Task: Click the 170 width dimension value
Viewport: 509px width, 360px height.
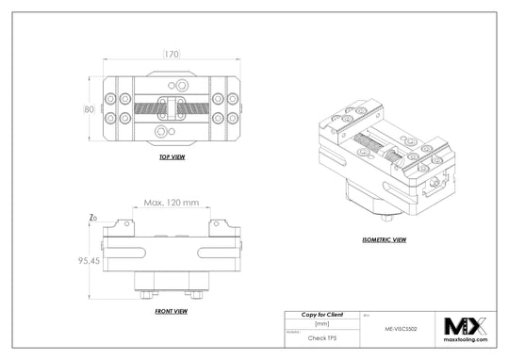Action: point(172,54)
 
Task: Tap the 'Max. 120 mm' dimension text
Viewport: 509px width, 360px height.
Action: point(172,202)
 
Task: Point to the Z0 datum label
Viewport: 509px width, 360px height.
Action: point(91,219)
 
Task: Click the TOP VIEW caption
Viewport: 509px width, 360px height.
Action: point(172,157)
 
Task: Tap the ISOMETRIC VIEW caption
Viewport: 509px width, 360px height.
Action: point(384,240)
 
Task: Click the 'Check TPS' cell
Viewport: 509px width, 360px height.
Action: point(321,335)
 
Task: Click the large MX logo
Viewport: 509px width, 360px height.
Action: point(464,326)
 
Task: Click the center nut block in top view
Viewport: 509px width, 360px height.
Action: point(172,106)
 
